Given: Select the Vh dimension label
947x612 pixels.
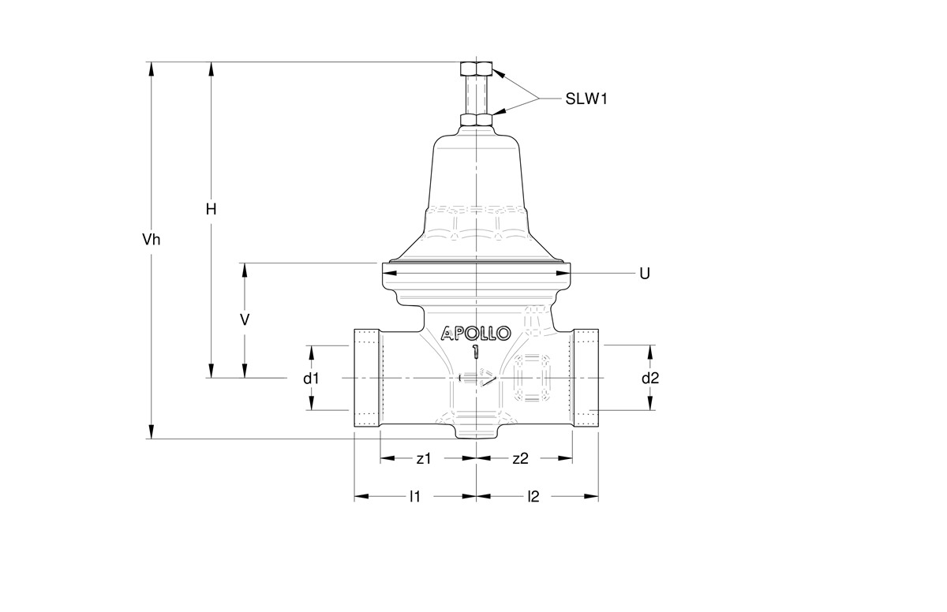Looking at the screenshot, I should coord(151,240).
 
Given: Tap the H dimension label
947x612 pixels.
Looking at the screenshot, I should coord(211,210).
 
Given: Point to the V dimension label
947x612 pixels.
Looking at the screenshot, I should coord(245,319).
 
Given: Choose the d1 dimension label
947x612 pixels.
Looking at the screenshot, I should coord(312,379).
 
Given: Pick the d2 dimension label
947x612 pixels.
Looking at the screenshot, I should coord(649,379).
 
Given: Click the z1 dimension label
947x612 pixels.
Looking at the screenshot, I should coord(424,458).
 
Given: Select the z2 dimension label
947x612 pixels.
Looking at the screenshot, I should coord(520,458).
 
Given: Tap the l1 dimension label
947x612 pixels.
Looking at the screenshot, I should coord(414,497).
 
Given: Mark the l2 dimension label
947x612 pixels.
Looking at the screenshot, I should coord(533,497).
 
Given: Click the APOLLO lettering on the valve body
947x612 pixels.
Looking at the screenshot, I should coord(477,334).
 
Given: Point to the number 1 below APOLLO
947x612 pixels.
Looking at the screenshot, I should coord(475,352).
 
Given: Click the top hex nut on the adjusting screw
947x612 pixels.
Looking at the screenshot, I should coord(477,68).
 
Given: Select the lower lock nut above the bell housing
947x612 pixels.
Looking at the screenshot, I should coord(477,121).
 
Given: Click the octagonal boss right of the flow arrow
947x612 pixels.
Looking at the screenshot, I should coord(533,379).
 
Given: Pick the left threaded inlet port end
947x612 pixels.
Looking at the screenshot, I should coord(368,379).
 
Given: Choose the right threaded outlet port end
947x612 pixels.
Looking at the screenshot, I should coord(585,379).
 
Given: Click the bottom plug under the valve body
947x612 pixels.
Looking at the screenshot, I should coord(477,432).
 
